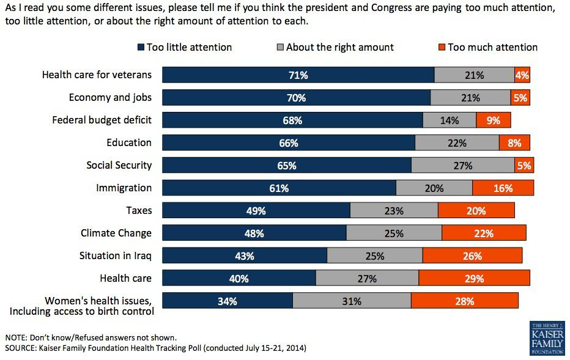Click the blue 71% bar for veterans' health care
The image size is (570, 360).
pos(298,75)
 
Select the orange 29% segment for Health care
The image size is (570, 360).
pos(474,279)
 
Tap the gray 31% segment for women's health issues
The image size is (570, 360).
pos(352,301)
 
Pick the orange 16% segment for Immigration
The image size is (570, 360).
pos(503,188)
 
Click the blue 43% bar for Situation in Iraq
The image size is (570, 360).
pos(245,256)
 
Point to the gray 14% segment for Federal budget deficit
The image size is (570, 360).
pos(449,120)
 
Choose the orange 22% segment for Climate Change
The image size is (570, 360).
pos(484,233)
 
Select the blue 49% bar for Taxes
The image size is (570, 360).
pos(256,211)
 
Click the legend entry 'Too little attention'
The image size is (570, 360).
pos(185,47)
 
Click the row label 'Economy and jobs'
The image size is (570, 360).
pos(110,98)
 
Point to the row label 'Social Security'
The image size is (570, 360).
pos(119,166)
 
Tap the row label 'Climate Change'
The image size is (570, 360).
pos(116,233)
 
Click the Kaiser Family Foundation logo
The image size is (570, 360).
pos(547,337)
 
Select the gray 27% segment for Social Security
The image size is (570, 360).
pos(462,166)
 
